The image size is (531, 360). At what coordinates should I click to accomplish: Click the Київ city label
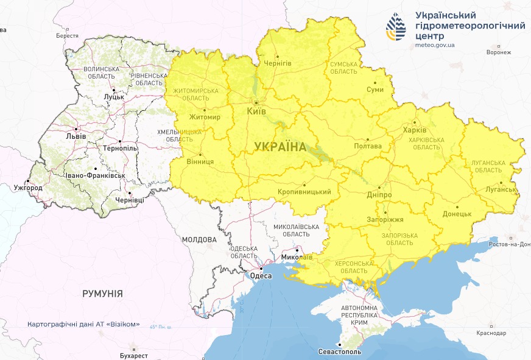point(256,112)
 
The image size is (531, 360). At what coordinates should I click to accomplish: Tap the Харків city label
point(415,130)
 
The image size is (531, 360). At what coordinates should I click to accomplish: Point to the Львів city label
point(76,136)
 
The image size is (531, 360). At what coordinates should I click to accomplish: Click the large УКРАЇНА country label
point(280,146)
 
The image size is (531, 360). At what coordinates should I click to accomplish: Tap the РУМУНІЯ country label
point(102,294)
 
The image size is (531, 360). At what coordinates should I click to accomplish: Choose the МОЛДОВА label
point(199,239)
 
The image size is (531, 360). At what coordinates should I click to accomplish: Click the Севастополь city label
point(340,352)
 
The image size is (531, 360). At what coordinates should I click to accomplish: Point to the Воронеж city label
point(499,52)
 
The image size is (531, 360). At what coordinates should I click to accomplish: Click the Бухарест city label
point(134,355)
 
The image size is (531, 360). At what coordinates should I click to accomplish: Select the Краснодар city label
point(491,333)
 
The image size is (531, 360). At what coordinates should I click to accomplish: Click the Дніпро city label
point(379,195)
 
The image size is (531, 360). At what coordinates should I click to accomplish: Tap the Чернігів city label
point(278,63)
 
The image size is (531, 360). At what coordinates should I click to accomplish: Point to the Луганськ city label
point(500,189)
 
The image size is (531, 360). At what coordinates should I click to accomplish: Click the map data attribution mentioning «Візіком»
point(83,324)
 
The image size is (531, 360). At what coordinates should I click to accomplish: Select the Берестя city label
point(67,36)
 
